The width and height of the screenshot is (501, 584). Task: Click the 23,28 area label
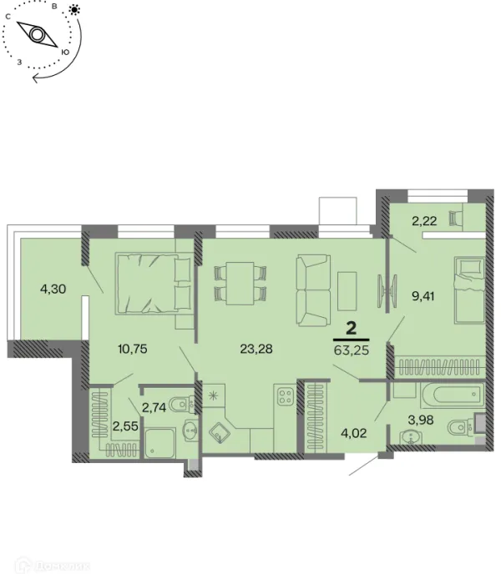coord(256,349)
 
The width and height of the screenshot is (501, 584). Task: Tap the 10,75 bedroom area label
coord(133,349)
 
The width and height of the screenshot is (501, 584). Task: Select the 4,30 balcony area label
coord(53,289)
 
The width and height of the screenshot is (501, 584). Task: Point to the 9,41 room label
coord(423,297)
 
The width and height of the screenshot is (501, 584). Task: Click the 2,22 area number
coord(424,221)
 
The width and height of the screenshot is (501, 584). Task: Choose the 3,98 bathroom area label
coord(421,420)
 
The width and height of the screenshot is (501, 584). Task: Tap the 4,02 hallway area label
coord(354,433)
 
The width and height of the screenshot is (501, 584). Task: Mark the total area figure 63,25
coord(352,350)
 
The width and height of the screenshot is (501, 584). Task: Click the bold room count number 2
coord(352,329)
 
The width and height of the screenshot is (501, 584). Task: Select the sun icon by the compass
coord(74,9)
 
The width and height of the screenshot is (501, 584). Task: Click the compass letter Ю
coord(64,52)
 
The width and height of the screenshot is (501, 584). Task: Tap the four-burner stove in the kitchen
coord(286,395)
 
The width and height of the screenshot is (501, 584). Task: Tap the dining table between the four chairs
coord(240,284)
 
